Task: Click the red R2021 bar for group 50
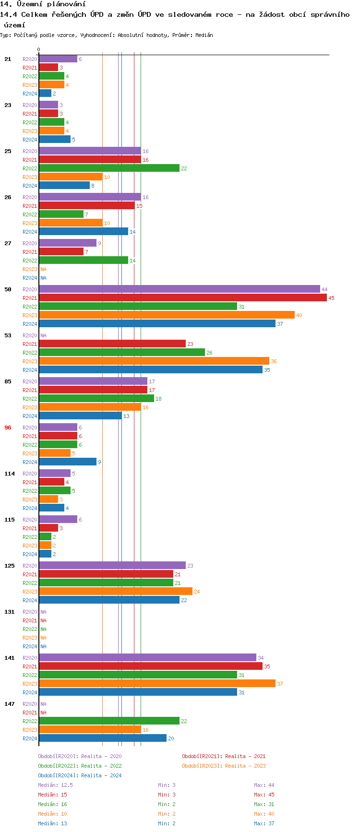[182, 298]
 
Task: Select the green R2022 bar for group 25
[109, 168]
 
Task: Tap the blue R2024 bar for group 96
[68, 462]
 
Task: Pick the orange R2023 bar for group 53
[154, 361]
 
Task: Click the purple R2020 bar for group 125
[112, 566]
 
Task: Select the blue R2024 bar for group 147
[102, 738]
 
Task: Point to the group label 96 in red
[8, 428]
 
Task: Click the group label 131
[10, 612]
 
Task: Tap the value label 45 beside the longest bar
[331, 298]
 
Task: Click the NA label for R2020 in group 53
[43, 335]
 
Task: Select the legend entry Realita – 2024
[80, 775]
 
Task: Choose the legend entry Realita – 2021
[224, 756]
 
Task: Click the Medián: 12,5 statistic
[55, 785]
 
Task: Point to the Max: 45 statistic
[264, 795]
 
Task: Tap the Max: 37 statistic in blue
[264, 823]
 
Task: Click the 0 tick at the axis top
[39, 49]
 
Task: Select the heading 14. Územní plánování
[43, 4]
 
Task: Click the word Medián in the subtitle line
[204, 35]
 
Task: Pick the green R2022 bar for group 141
[138, 675]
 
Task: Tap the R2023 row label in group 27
[30, 269]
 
